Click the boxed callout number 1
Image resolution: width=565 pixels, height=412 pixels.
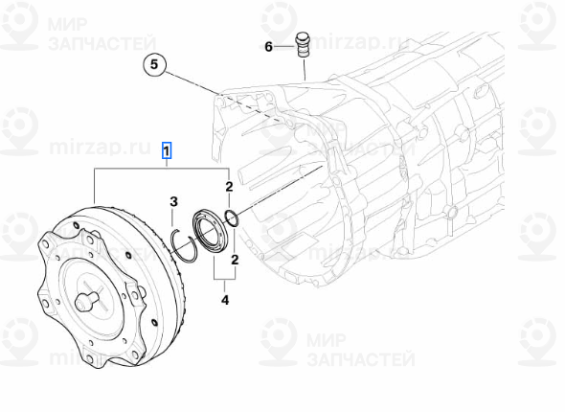168,150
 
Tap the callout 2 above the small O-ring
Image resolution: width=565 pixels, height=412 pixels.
230,186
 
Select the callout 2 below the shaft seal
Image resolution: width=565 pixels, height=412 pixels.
234,259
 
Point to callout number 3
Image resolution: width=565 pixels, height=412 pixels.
174,201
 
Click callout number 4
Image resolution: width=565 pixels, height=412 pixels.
225,300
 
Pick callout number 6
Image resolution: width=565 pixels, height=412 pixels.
269,46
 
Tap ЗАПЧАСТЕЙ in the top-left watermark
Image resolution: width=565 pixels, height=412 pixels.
91,41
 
